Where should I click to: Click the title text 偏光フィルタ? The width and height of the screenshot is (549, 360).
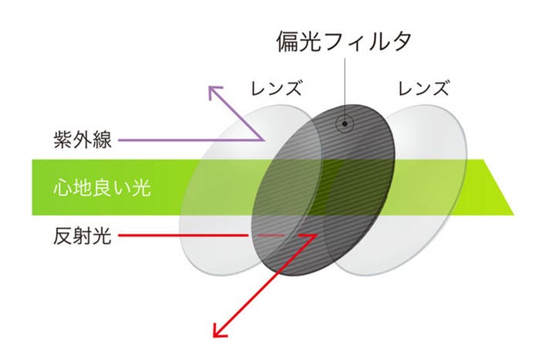pos(344,42)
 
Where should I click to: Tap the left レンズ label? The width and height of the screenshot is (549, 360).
pos(276,88)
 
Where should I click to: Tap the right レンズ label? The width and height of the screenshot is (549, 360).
pos(423,88)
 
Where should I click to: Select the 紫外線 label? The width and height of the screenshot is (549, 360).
pos(83,140)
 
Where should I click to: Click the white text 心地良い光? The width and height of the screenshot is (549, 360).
pos(102,187)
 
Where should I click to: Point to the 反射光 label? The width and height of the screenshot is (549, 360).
pos(83,236)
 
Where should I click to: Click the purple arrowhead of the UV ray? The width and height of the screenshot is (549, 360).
pos(214,92)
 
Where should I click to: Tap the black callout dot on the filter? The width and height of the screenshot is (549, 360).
pos(345,123)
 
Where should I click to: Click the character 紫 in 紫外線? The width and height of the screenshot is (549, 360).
pos(63,140)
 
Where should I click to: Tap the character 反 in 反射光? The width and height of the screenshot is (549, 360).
pos(63,236)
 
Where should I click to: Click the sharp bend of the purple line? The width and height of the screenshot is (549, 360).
pos(263,140)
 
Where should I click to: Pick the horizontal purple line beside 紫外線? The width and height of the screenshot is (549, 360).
pos(190,140)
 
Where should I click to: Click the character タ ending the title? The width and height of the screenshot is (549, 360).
pos(402,42)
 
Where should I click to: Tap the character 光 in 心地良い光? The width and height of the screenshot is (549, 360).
pos(142,187)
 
